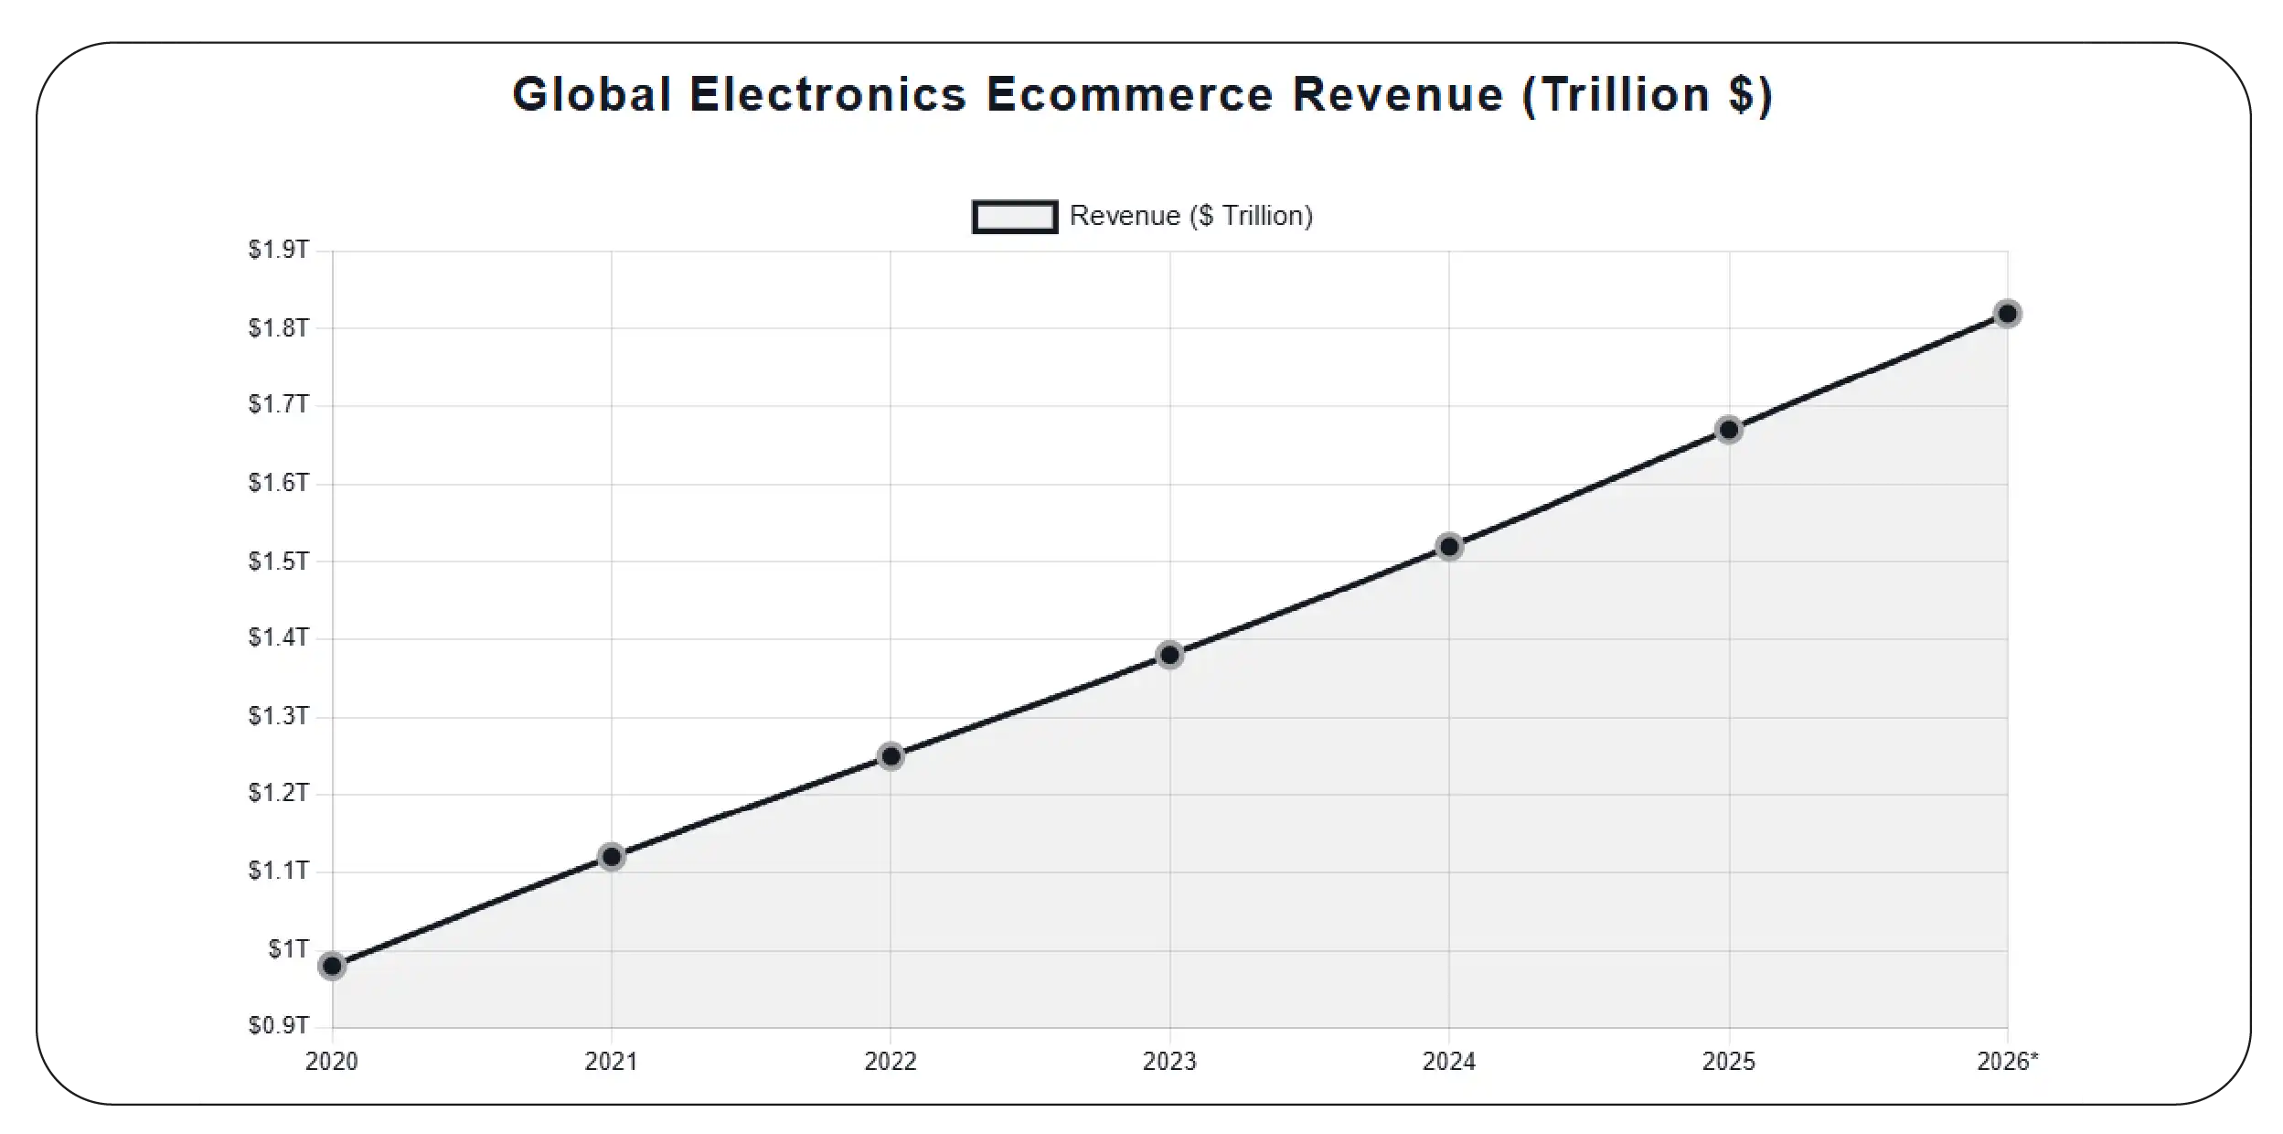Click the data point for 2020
(x=333, y=966)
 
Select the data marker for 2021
(x=612, y=857)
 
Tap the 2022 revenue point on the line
(x=891, y=756)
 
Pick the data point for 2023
(x=1169, y=655)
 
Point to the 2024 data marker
(x=1449, y=547)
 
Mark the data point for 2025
(x=1728, y=430)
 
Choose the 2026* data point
(x=2007, y=314)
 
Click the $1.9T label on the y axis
(x=279, y=250)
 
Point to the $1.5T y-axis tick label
(x=279, y=561)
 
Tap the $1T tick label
(x=288, y=949)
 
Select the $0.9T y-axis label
(x=279, y=1026)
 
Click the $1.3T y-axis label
(x=279, y=716)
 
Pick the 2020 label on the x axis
(x=332, y=1062)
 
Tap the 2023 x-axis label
(x=1169, y=1062)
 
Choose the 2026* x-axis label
(x=2008, y=1062)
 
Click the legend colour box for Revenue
(x=1015, y=217)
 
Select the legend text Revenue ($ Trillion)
(x=1191, y=216)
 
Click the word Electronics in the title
(x=828, y=95)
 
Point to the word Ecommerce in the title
(x=1130, y=95)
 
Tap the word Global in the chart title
(x=592, y=95)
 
